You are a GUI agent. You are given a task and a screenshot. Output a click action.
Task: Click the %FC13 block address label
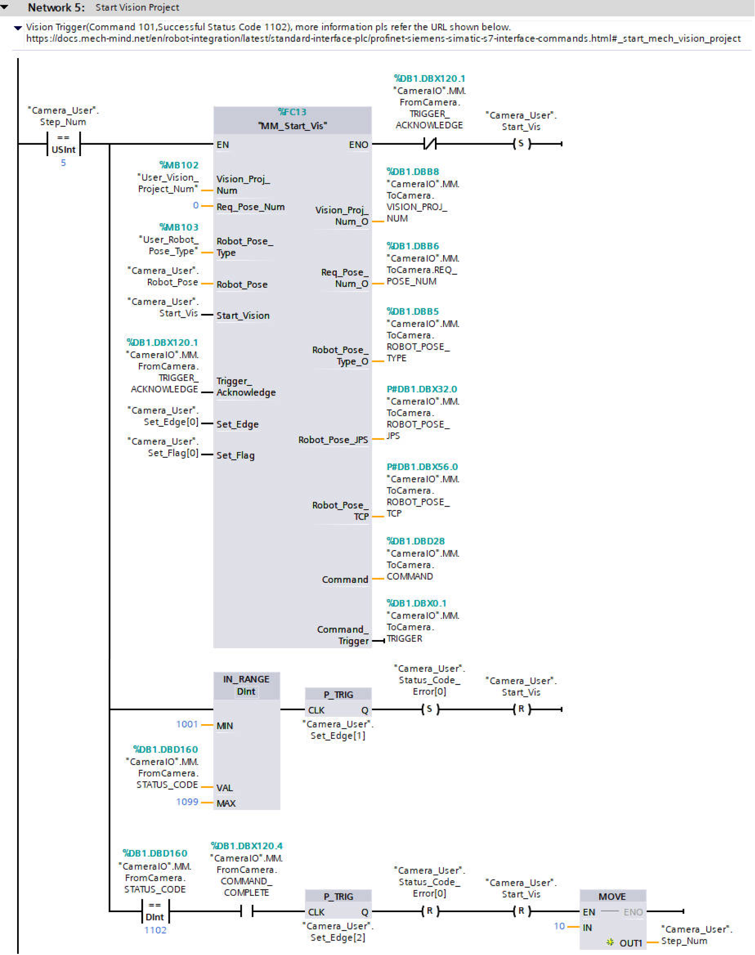click(292, 112)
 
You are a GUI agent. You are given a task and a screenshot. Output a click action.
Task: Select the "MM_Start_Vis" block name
click(292, 126)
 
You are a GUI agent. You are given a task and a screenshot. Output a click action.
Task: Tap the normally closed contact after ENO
click(429, 144)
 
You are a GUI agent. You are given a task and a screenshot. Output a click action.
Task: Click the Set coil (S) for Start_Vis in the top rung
click(521, 144)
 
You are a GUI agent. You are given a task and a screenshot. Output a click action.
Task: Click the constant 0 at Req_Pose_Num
click(195, 206)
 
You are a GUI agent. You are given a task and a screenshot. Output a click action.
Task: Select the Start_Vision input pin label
click(243, 315)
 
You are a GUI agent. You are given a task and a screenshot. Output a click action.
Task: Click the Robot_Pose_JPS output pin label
click(333, 440)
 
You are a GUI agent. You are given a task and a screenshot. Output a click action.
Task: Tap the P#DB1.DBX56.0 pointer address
click(422, 467)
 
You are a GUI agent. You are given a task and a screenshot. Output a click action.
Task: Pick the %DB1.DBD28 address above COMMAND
click(415, 541)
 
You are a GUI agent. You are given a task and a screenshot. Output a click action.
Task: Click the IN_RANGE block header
click(246, 685)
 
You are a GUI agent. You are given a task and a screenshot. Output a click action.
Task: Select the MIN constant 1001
click(187, 724)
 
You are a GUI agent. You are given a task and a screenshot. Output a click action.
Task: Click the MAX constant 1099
click(187, 802)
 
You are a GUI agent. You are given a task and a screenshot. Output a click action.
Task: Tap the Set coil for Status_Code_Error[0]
click(429, 709)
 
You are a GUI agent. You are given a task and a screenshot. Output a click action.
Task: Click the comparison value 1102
click(155, 930)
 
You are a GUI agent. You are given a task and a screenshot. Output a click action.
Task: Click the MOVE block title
click(612, 896)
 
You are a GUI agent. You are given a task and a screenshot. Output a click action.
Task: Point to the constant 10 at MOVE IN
click(559, 926)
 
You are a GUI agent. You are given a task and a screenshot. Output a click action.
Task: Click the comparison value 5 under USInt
click(63, 163)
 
